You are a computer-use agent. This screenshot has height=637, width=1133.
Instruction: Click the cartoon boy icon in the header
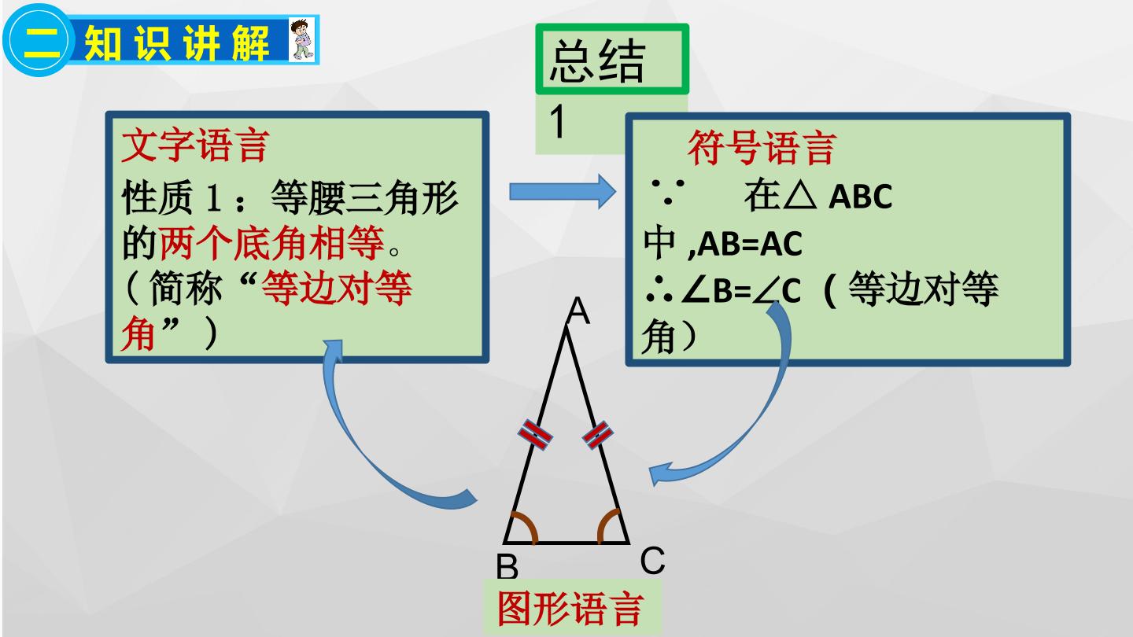(x=301, y=39)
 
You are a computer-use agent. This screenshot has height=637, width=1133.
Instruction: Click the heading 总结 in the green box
(x=597, y=61)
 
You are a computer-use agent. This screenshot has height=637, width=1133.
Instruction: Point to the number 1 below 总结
(x=558, y=121)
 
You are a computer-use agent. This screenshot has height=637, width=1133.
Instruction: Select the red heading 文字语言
(x=196, y=145)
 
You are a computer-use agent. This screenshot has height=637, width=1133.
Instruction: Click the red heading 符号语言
(x=762, y=148)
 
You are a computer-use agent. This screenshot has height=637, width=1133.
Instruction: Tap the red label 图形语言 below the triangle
(x=570, y=608)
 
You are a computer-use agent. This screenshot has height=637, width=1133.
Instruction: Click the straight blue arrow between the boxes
(x=563, y=192)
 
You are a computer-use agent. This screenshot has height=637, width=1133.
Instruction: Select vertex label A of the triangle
(x=578, y=310)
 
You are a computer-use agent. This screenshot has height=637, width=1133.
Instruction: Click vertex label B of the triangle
(x=507, y=567)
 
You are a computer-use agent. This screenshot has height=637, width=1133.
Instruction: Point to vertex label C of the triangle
(x=652, y=560)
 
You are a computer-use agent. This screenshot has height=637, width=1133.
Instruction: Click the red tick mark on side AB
(x=535, y=434)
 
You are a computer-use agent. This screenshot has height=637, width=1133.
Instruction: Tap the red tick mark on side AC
(x=597, y=436)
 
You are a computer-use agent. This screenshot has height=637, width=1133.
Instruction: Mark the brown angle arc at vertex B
(x=527, y=526)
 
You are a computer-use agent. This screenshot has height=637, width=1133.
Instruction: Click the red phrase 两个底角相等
(x=271, y=244)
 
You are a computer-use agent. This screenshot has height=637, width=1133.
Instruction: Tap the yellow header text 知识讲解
(x=176, y=42)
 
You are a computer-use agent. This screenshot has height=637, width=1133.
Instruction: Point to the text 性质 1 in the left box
(x=172, y=197)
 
